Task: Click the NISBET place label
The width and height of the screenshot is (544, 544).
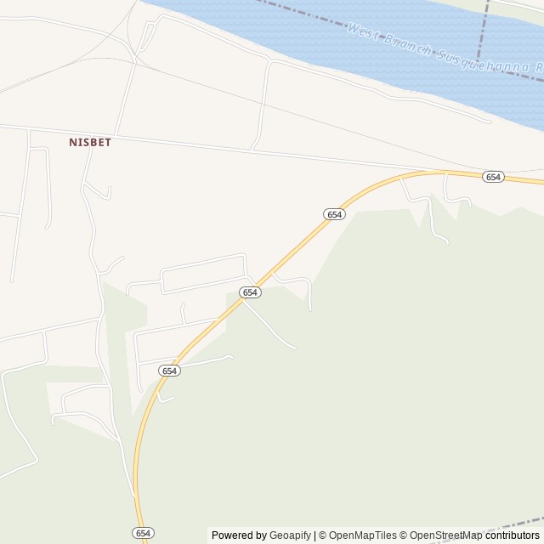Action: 90,143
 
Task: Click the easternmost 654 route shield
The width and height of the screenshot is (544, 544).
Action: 493,177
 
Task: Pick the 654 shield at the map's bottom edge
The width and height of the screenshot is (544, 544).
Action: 144,532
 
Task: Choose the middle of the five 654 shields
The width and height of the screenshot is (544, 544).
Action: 249,292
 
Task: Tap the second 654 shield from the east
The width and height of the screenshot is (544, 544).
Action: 334,215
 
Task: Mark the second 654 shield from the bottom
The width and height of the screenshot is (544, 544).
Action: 169,371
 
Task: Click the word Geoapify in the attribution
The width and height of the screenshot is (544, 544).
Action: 291,535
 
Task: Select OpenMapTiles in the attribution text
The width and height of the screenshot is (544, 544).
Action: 362,535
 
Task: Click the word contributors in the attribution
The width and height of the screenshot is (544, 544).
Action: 513,535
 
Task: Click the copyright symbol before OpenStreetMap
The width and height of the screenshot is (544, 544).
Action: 405,535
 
